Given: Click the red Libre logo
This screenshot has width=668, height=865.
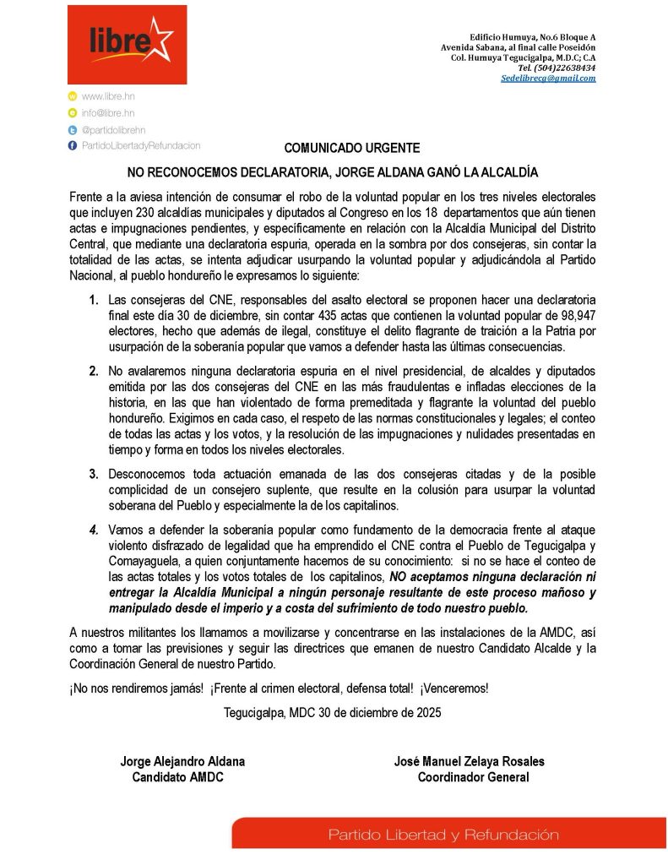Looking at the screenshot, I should click(128, 45).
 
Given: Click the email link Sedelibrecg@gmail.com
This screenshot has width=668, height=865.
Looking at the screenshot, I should click(548, 78).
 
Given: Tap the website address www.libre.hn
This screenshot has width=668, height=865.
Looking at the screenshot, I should click(108, 97).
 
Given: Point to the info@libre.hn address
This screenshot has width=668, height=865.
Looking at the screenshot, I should click(108, 113).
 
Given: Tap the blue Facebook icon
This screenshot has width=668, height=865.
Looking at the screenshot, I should click(73, 145).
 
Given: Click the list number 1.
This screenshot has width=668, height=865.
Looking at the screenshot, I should click(95, 300).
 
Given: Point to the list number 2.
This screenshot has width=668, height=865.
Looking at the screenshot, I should click(95, 371).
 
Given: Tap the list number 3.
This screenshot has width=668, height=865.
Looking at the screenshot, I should click(95, 472).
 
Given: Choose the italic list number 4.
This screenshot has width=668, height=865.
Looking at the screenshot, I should click(95, 530).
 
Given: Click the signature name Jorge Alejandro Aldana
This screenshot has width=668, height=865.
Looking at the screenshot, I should click(182, 761).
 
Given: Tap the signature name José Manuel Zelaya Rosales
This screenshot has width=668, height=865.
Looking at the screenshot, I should click(470, 761).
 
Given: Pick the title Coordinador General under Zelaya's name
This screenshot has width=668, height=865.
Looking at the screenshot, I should click(473, 777).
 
